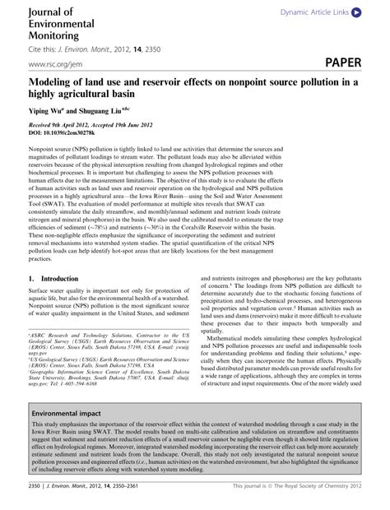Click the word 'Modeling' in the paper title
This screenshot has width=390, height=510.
pyautogui.click(x=56, y=83)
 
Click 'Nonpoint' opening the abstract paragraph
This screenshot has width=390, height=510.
pyautogui.click(x=43, y=146)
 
